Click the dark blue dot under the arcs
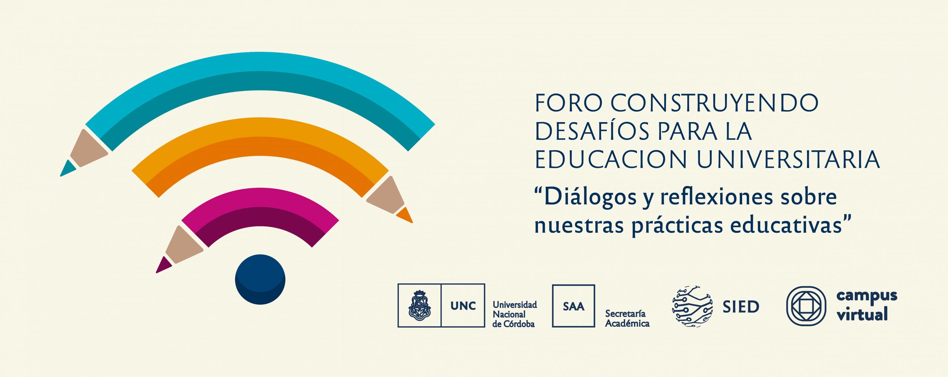[x=260, y=279]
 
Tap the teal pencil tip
[x=68, y=168]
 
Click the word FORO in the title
[x=569, y=103]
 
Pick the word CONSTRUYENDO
[x=714, y=103]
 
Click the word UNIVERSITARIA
[x=788, y=160]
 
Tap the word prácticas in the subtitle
[x=677, y=225]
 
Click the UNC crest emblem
[x=419, y=305]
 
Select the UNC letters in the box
[x=463, y=306]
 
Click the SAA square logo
[x=574, y=306]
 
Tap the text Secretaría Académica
[x=627, y=319]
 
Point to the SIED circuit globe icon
[x=692, y=306]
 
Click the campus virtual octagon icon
[x=806, y=306]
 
